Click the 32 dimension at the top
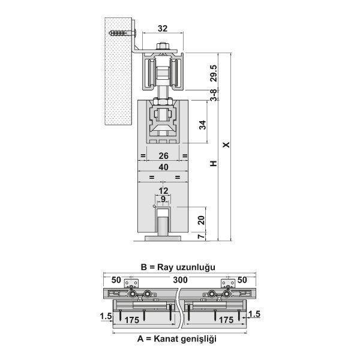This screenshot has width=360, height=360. point(163,28)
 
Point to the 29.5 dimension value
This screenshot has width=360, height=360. point(214,73)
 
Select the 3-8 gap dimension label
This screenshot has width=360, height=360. point(214,95)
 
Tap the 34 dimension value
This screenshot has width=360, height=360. point(203,125)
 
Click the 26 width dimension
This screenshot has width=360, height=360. point(163,156)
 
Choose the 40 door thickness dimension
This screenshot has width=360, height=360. point(163,167)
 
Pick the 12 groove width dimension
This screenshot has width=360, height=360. point(163,191)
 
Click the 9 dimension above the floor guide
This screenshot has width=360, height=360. point(163,199)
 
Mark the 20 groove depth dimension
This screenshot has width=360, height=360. point(201,220)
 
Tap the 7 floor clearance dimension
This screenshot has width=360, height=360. point(201,236)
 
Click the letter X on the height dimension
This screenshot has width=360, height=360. point(226,145)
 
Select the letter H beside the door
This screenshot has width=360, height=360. point(214,163)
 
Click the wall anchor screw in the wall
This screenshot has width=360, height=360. point(122,33)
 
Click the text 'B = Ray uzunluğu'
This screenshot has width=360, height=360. point(178,267)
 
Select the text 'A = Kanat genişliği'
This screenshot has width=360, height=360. point(177,338)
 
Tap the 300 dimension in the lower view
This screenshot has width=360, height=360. point(180,280)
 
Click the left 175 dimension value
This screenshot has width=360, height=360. point(132,320)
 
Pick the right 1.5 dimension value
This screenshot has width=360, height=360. point(254,314)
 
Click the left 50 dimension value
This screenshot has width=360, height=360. point(116,280)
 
